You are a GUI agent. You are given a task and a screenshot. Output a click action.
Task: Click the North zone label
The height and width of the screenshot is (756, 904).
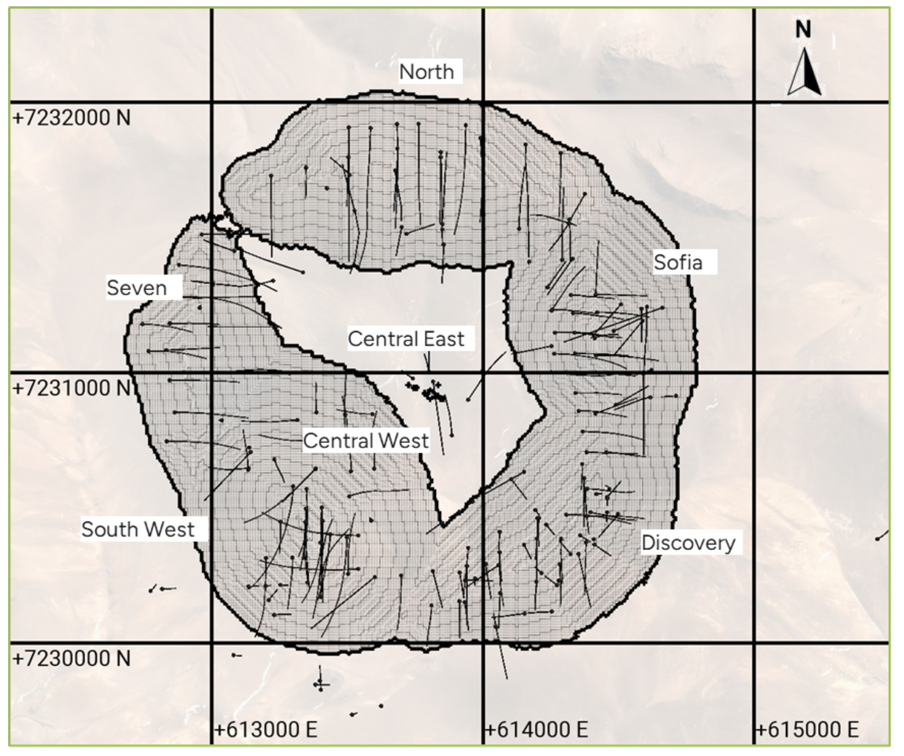coord(427,72)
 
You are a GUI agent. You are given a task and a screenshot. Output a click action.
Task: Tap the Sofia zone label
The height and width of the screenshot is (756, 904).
coord(678,262)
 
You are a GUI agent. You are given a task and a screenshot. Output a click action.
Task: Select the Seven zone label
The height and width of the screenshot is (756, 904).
coord(137,288)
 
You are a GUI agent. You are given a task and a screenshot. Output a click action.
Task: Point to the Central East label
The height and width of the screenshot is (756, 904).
coord(406,339)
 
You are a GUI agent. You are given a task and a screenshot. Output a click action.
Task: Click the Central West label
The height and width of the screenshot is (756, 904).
coord(365,440)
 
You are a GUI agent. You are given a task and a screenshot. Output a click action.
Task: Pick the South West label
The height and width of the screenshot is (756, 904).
coord(138,530)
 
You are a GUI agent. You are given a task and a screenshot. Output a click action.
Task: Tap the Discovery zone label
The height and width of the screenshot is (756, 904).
coord(688,543)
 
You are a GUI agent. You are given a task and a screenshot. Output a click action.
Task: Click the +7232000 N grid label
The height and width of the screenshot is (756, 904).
coord(72,118)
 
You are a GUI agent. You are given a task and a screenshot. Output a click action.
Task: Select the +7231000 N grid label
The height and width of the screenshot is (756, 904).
coord(72,388)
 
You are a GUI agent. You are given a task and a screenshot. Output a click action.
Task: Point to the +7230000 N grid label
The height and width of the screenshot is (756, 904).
coord(72,658)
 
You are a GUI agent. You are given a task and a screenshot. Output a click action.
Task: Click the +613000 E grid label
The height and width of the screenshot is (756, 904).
coord(265,729)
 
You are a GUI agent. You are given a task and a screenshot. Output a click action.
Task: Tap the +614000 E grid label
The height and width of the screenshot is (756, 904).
coord(536,729)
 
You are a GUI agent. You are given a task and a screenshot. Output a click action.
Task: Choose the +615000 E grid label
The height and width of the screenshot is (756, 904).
coord(807,729)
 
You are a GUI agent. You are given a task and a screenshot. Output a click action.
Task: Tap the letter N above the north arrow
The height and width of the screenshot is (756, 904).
coord(803,29)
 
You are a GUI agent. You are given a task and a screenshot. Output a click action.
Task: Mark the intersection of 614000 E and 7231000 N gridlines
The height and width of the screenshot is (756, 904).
coord(483,372)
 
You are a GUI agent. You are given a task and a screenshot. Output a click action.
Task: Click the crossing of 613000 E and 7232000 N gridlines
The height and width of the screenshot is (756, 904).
coord(212,102)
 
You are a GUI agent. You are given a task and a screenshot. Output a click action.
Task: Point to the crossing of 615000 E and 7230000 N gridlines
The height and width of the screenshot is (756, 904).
coord(754,643)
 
